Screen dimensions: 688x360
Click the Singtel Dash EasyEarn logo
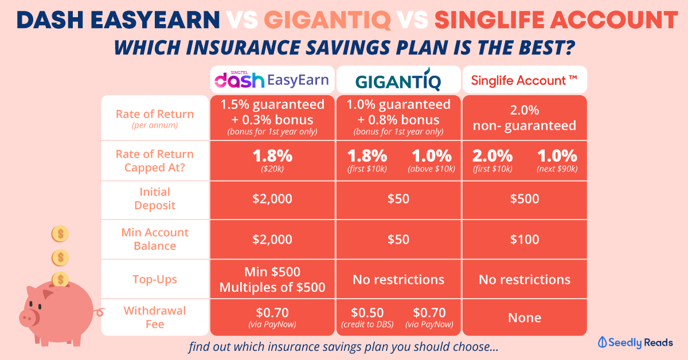click(x=272, y=80)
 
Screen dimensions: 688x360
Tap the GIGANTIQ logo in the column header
click(x=398, y=80)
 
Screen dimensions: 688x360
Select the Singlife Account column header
click(x=524, y=80)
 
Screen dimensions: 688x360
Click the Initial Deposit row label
click(x=155, y=198)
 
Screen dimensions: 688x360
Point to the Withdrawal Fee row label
click(x=155, y=318)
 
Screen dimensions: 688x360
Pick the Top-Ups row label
click(x=155, y=279)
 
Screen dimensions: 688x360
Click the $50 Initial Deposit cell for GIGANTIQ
click(x=398, y=199)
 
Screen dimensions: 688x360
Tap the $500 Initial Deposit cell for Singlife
click(x=525, y=199)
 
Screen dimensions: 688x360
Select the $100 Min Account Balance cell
click(x=525, y=239)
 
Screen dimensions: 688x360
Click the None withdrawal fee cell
click(x=525, y=318)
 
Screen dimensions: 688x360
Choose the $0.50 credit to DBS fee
click(x=368, y=317)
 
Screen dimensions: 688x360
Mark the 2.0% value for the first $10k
click(x=492, y=160)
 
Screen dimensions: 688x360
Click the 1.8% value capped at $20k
click(x=272, y=160)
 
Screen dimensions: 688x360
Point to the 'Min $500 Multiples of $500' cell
click(x=272, y=279)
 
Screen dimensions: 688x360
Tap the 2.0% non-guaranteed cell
click(x=525, y=118)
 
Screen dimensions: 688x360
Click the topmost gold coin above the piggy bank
click(x=60, y=234)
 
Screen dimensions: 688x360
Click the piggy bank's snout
click(x=29, y=318)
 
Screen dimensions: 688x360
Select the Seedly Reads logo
click(x=635, y=342)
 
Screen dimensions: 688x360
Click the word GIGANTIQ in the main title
click(x=327, y=20)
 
